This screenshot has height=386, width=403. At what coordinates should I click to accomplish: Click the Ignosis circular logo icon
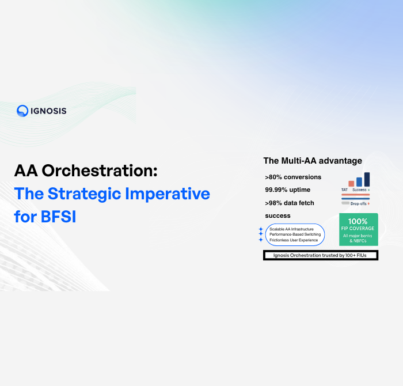click(22, 111)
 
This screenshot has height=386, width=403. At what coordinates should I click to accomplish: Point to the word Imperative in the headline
click(174, 194)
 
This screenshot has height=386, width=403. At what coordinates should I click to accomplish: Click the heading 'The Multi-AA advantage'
click(313, 161)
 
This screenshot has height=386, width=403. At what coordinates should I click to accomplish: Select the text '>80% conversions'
click(293, 177)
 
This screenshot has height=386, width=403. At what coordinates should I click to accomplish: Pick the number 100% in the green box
click(358, 221)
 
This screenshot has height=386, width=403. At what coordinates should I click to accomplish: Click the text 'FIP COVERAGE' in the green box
click(358, 228)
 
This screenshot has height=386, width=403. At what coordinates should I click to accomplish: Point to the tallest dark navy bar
click(367, 179)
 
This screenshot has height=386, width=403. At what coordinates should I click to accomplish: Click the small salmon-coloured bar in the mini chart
click(351, 184)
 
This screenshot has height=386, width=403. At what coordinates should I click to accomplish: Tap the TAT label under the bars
click(344, 190)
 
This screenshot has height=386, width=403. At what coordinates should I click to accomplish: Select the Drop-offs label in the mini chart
click(359, 203)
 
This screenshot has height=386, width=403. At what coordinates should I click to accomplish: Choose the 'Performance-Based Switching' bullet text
click(295, 234)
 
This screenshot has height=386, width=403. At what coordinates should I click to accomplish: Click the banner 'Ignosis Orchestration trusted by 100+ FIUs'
click(321, 255)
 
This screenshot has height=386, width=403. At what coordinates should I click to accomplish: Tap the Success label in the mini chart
click(360, 190)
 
